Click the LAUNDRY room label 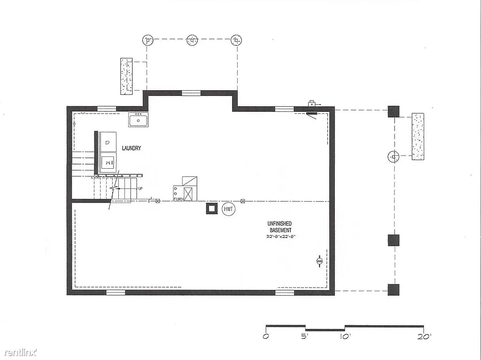(132, 148)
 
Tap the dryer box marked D (108, 142)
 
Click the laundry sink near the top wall (139, 120)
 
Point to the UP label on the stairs (140, 188)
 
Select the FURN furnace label (178, 199)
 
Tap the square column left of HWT (211, 208)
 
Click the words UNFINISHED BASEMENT (279, 227)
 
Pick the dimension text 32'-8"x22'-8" (280, 236)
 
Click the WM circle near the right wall (320, 261)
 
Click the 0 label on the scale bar (266, 337)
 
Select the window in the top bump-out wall (191, 93)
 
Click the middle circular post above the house (192, 40)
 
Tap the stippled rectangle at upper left (126, 76)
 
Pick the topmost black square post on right (393, 111)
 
